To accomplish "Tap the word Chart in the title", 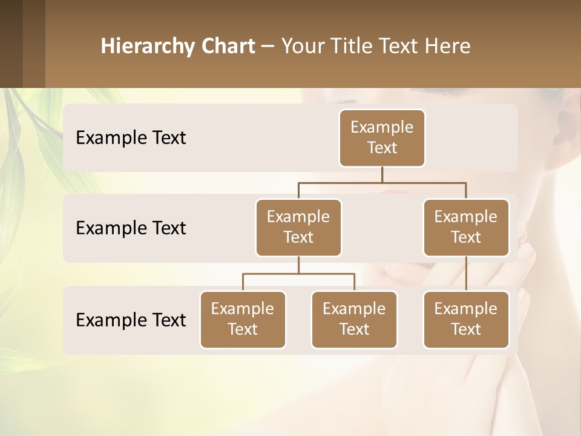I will [229, 46].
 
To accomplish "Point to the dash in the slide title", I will [268, 46].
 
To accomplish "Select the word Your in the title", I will [301, 46].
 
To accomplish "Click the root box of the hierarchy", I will [382, 138].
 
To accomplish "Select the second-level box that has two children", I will [298, 228].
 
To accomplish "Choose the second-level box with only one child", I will [466, 228].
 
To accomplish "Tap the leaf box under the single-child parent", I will [466, 320].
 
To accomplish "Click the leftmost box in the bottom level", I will [243, 320].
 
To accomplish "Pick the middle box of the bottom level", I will [354, 320].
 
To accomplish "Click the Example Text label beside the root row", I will [131, 138].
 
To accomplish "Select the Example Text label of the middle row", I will [131, 228].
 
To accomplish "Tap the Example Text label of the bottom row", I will [131, 320].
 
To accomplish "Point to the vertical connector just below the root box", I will [382, 174].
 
